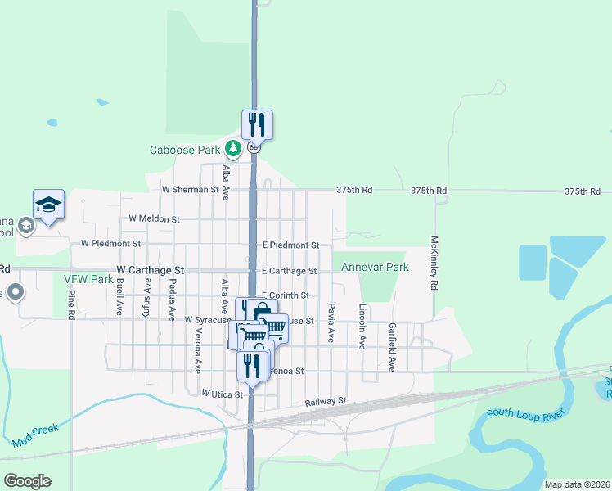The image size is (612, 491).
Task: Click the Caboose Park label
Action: (186, 150)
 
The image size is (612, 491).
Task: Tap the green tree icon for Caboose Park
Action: (234, 148)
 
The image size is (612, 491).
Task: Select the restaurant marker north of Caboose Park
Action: (257, 124)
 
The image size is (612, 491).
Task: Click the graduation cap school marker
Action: (48, 205)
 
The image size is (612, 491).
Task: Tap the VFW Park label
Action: (88, 279)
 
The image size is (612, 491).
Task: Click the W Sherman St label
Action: (191, 189)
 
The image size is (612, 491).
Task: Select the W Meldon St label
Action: (154, 219)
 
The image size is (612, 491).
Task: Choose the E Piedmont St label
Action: (290, 245)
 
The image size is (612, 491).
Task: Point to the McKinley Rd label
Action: (434, 265)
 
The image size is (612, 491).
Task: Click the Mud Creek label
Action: (37, 439)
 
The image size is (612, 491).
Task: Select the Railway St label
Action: (326, 402)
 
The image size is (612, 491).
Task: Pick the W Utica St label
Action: (223, 394)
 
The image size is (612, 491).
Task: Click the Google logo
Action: (27, 481)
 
